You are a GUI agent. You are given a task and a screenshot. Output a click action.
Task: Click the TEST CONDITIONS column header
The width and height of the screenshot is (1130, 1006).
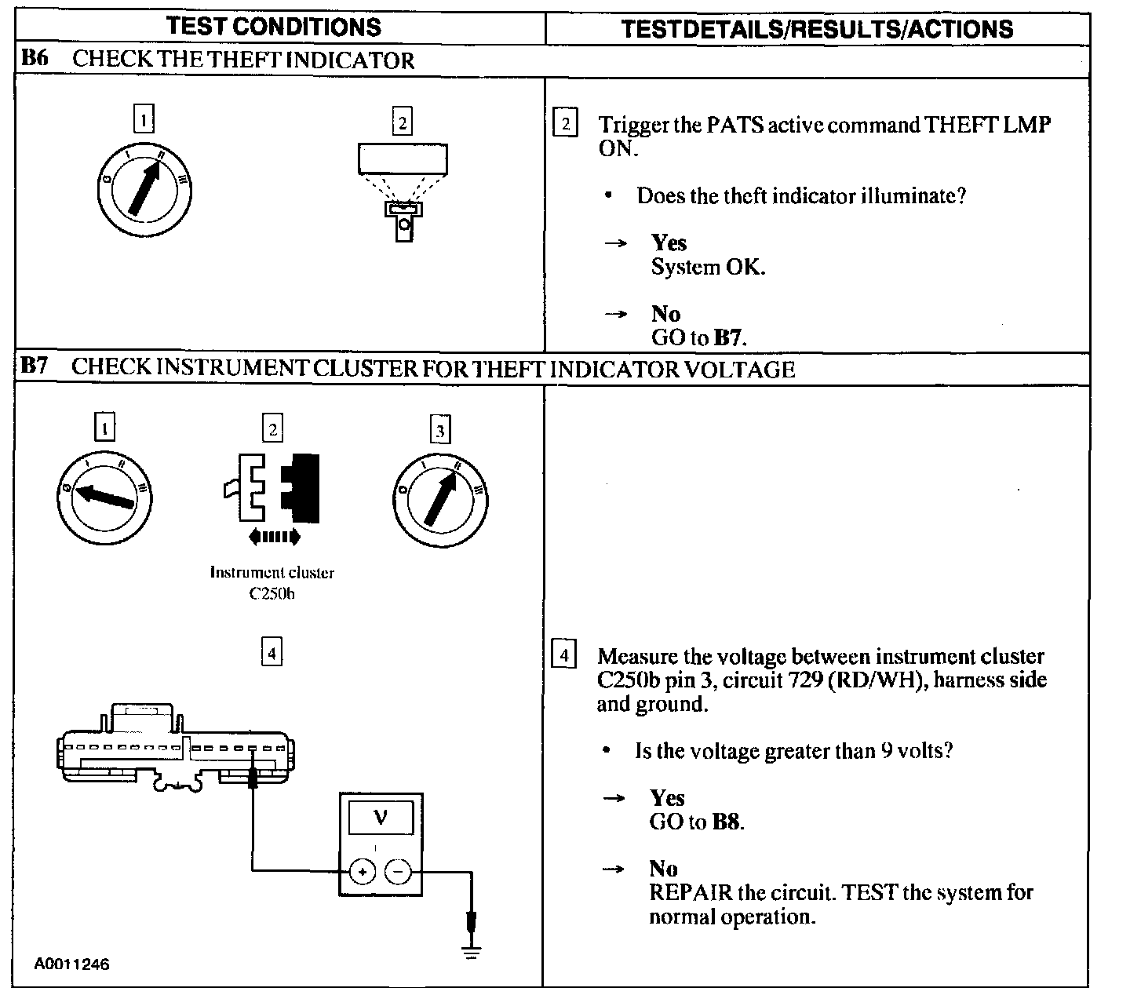click(x=274, y=27)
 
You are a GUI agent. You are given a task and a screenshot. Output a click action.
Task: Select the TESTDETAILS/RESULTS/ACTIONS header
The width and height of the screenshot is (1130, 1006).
click(x=817, y=29)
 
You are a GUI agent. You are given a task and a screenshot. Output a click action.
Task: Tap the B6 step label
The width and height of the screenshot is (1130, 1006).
click(x=35, y=59)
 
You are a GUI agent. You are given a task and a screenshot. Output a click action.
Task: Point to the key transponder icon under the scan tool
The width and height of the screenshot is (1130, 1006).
click(x=403, y=219)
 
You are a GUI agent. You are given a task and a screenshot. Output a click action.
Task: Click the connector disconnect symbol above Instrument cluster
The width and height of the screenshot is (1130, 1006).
click(x=273, y=487)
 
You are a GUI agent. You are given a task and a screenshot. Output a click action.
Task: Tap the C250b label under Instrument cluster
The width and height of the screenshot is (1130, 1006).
click(x=272, y=594)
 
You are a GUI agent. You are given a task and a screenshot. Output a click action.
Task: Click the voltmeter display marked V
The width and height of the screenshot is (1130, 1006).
click(x=381, y=818)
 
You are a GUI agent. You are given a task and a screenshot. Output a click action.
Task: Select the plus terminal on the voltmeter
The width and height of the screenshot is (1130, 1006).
click(x=362, y=871)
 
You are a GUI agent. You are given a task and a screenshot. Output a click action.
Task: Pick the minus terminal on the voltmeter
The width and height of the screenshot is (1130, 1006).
click(x=399, y=871)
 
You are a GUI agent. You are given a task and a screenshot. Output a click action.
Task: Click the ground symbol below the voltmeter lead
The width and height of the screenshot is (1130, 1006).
click(x=471, y=952)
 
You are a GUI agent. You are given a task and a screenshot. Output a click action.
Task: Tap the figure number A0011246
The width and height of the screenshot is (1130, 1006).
click(x=71, y=964)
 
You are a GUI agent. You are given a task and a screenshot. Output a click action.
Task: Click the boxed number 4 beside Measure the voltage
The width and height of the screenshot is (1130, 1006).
click(x=564, y=654)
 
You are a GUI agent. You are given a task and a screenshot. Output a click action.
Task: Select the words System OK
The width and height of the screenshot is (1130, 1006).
click(x=708, y=267)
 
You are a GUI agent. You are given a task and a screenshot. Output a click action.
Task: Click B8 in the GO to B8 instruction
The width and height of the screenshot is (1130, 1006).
click(x=727, y=822)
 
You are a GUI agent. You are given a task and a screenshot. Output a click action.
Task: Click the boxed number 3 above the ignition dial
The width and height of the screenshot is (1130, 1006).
click(x=439, y=429)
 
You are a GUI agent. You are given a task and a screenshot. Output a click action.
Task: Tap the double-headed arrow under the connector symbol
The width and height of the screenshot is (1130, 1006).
click(x=273, y=538)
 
